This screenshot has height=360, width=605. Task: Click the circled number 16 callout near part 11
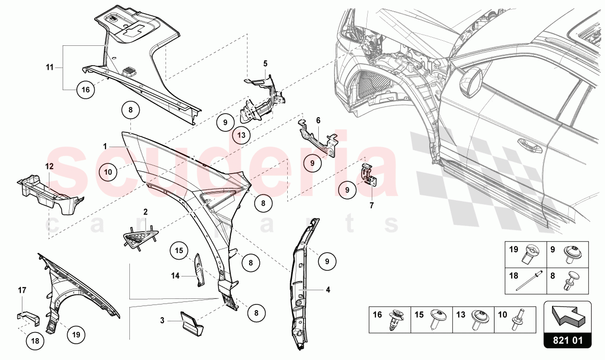pyautogui.click(x=86, y=90)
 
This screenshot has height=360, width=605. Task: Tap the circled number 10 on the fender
pyautogui.click(x=108, y=172)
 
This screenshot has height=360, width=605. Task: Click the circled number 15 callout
pyautogui.click(x=178, y=250)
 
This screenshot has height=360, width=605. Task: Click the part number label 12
pyautogui.click(x=49, y=167)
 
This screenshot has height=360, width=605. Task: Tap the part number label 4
pyautogui.click(x=328, y=290)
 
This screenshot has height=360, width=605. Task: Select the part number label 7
pyautogui.click(x=371, y=206)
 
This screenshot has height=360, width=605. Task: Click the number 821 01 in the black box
pyautogui.click(x=568, y=339)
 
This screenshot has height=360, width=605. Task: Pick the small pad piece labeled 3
pyautogui.click(x=189, y=322)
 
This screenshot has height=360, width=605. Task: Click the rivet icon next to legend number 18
pyautogui.click(x=526, y=282)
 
